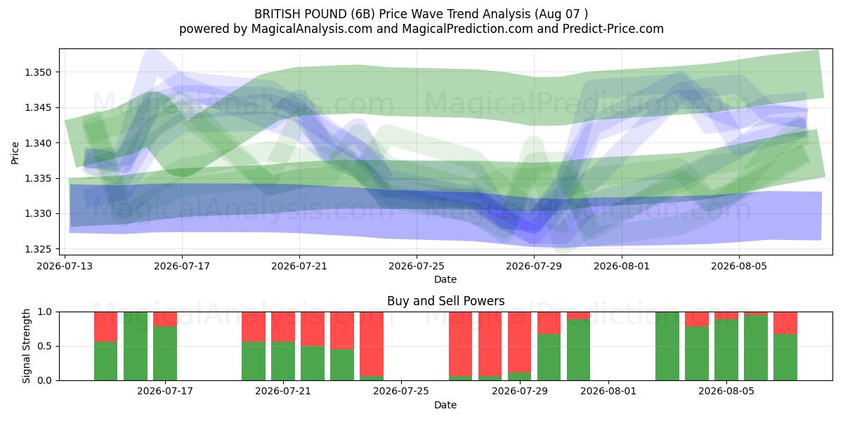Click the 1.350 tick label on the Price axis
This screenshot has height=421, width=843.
pos(37,72)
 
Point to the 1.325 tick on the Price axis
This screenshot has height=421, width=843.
pos(37,249)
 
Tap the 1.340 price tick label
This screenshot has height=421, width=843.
pos(37,143)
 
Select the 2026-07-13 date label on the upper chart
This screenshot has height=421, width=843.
pos(65,266)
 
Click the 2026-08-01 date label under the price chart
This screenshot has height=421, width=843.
pos(622,266)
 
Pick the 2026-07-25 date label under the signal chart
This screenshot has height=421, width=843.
pos(401,391)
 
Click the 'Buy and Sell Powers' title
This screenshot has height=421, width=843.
pos(445,301)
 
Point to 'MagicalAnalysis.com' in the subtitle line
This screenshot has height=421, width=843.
pos(312,29)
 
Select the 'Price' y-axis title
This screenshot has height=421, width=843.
pos(15,153)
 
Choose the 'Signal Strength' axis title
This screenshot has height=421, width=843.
pos(26,346)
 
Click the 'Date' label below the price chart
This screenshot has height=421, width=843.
pos(445,279)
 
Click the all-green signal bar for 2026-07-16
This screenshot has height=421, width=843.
pos(136,346)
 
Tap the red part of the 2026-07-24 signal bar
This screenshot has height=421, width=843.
pos(372,344)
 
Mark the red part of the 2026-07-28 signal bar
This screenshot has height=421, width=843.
pos(490,344)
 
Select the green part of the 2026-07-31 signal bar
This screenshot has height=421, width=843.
pos(578,349)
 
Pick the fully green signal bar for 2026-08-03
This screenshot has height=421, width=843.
pos(667,346)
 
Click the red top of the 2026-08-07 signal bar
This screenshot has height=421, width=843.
pos(785,323)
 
